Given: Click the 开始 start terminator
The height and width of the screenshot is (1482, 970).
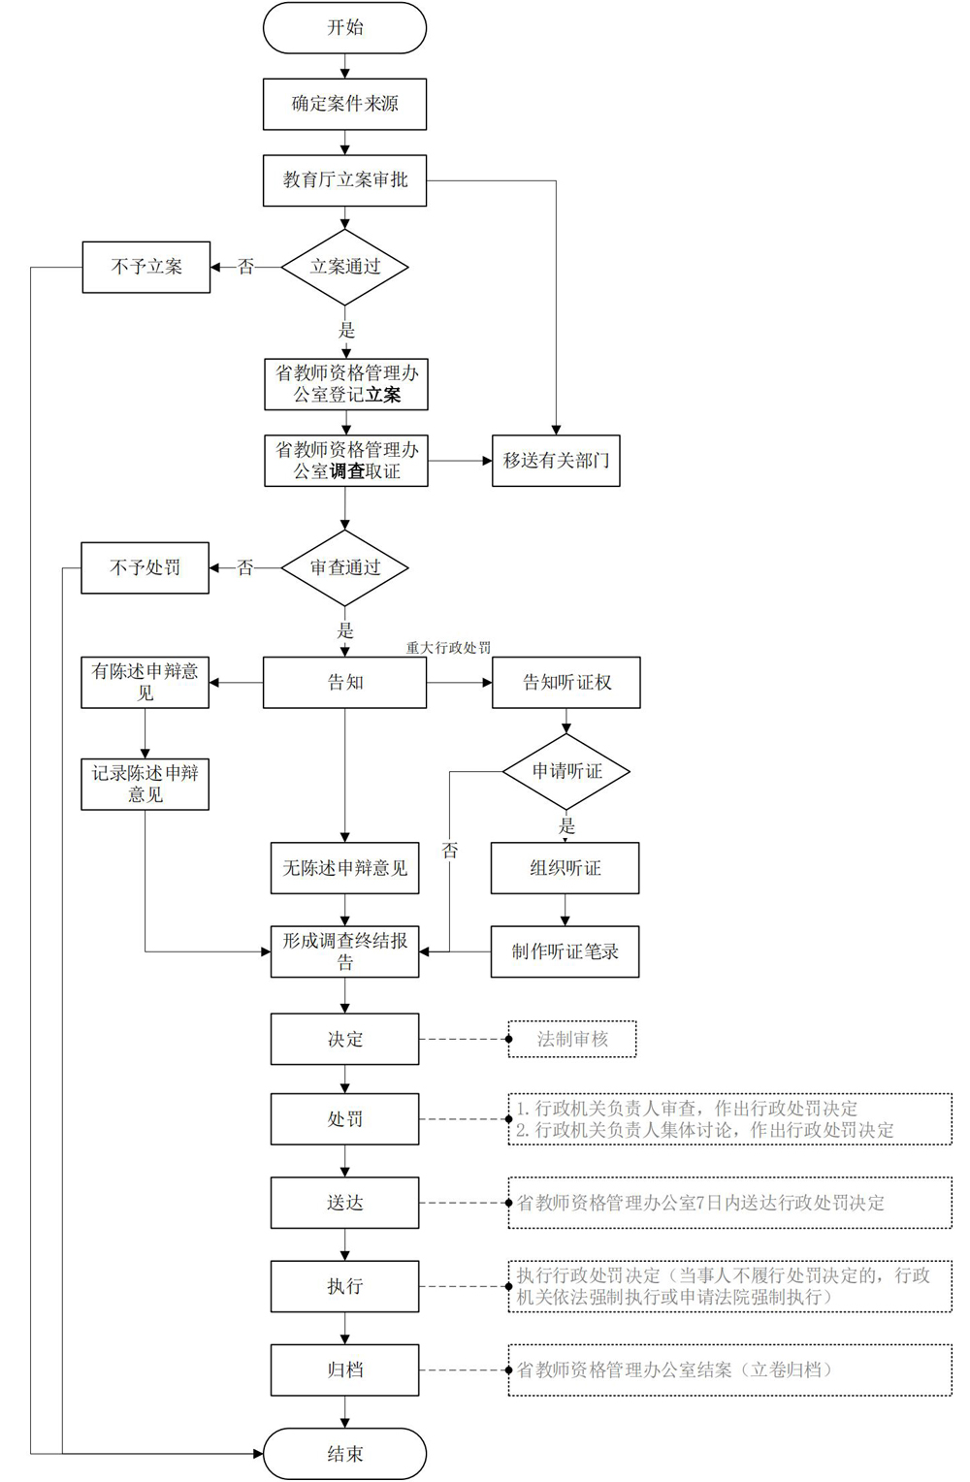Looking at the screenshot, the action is click(344, 27).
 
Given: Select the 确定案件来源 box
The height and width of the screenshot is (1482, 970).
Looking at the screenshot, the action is click(344, 104).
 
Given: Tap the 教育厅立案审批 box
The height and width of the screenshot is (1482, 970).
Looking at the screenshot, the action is click(344, 180).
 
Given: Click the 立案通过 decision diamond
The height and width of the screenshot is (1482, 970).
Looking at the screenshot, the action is click(344, 268).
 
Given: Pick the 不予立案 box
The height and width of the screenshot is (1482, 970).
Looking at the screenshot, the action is click(146, 268).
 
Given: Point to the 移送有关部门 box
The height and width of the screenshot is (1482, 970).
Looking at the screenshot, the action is click(556, 461).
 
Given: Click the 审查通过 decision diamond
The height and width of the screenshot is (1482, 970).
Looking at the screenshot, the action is click(344, 567).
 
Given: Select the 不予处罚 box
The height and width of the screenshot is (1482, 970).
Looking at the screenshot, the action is click(145, 567).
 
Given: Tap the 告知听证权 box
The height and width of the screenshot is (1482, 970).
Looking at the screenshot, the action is click(566, 683).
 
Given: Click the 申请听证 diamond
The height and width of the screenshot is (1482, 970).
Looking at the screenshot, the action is click(566, 771).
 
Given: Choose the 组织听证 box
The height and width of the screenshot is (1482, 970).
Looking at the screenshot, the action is click(566, 868).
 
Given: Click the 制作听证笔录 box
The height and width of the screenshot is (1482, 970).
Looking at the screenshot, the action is click(566, 952).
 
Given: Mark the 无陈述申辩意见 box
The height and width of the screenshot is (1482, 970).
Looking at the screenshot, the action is click(344, 868).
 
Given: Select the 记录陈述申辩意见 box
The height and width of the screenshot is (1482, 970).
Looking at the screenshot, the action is click(145, 784).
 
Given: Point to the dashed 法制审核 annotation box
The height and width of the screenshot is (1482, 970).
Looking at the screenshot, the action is click(572, 1040).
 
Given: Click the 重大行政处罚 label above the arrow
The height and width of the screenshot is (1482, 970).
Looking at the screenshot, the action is click(448, 648).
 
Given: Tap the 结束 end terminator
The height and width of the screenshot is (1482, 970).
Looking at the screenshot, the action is click(344, 1454).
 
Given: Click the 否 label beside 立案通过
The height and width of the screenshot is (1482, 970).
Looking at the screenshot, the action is click(245, 267).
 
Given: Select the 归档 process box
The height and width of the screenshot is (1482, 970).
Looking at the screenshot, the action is click(344, 1370).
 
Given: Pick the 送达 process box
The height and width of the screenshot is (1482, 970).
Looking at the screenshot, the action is click(344, 1203).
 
